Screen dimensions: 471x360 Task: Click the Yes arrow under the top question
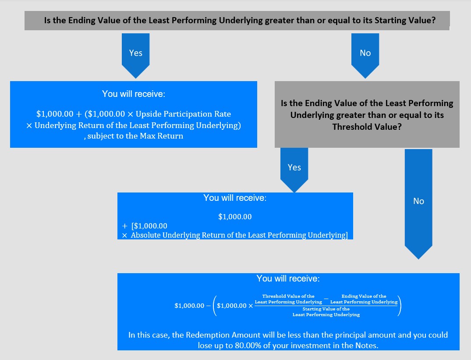pos(135,56)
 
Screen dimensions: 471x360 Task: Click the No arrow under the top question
pos(365,56)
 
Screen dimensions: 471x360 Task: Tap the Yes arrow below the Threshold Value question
pos(294,170)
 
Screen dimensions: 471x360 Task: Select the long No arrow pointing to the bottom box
pos(418,204)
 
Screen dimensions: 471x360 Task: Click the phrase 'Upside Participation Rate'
pos(183,114)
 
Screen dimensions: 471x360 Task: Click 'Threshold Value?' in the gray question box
pos(367,127)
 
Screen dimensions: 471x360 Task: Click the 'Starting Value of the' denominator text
pos(326,309)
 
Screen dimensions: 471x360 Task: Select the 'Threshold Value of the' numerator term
pos(288,296)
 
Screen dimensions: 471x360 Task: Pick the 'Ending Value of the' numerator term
pos(364,296)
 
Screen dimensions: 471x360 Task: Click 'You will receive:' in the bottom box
pos(288,278)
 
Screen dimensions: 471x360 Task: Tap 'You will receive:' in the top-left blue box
pos(134,94)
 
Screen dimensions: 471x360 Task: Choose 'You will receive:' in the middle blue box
pos(235,198)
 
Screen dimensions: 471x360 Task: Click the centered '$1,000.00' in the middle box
pos(235,217)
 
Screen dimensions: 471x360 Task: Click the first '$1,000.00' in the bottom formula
pos(189,306)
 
